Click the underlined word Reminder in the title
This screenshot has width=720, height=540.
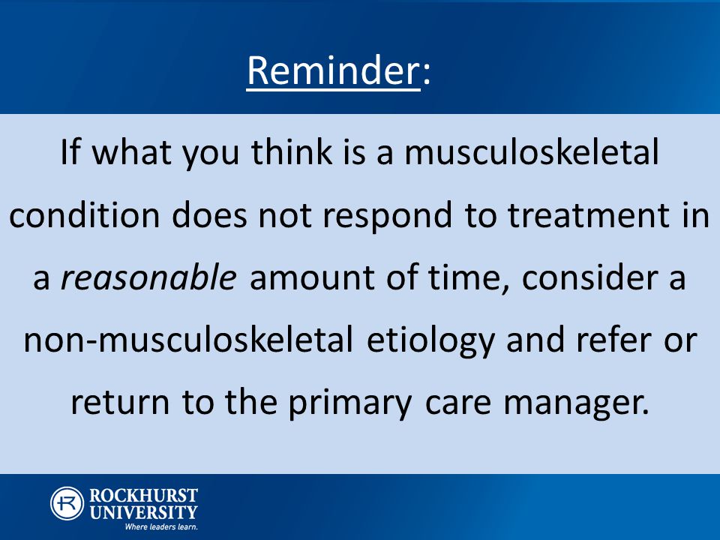[x=333, y=70]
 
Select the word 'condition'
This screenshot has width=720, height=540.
[x=85, y=214]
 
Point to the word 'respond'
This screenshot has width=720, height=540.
[x=387, y=217]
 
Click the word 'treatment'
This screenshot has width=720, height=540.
[x=590, y=215]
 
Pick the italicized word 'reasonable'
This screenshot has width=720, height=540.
[x=148, y=277]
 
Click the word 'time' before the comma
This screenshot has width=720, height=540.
[x=464, y=277]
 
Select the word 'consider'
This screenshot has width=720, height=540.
[x=590, y=277]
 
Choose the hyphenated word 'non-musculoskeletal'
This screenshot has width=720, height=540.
[x=188, y=339]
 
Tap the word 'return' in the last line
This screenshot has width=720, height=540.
[x=120, y=403]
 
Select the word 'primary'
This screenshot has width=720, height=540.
[x=350, y=404]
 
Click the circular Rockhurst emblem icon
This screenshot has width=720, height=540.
[x=67, y=504]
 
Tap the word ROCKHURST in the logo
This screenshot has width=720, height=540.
[x=143, y=496]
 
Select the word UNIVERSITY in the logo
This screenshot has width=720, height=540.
[x=143, y=512]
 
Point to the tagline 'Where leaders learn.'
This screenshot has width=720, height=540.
[x=161, y=526]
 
